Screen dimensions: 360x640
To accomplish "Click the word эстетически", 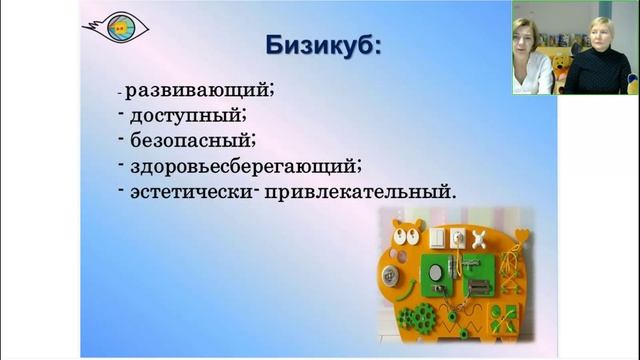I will [x=191, y=190].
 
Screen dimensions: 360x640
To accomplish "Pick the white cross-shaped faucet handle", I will [x=480, y=238].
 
